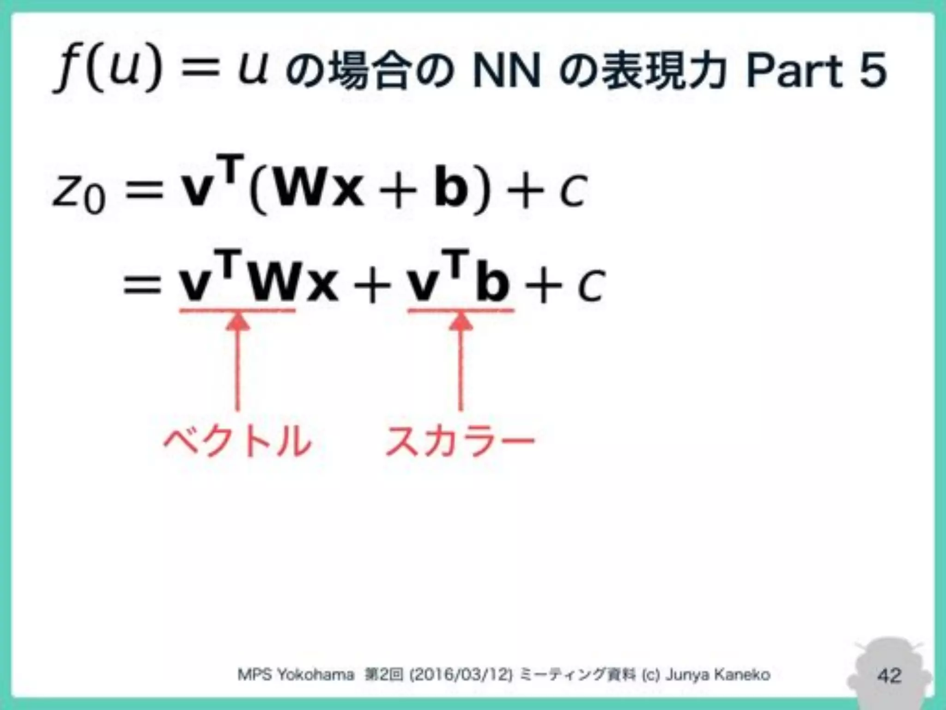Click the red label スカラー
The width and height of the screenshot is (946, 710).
pos(460,441)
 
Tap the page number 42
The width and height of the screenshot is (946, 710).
pos(889,676)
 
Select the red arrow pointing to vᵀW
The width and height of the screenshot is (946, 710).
pos(237,361)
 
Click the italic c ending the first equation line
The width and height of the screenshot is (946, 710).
pos(572,192)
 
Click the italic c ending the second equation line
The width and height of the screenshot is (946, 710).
pos(590,287)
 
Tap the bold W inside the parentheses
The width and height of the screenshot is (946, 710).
pos(305,190)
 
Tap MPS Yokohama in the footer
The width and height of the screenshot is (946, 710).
pos(296,675)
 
